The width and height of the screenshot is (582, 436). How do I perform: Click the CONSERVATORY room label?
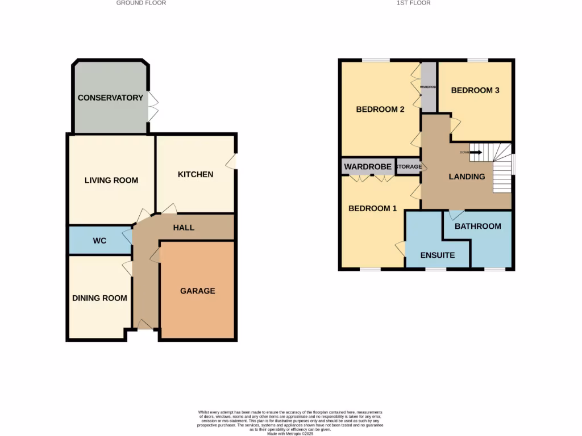coord(110,98)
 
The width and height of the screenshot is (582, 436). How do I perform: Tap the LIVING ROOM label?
coord(111,181)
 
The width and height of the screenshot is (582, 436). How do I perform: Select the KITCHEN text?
coord(196,174)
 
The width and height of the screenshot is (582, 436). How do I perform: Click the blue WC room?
coord(99,241)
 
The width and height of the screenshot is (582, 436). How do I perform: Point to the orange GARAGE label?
coord(198,291)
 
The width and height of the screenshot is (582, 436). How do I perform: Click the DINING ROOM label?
coord(99,298)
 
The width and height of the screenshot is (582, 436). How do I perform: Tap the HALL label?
coord(184,228)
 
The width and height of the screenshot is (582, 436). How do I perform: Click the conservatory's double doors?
coord(152,106)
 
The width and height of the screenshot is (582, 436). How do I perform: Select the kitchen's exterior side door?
coord(232,162)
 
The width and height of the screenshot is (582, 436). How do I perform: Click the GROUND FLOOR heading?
coord(141,3)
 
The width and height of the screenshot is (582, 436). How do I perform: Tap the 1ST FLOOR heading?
coord(413,3)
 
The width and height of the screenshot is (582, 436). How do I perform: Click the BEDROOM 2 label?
coord(380,109)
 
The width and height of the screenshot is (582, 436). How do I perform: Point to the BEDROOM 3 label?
coord(475,90)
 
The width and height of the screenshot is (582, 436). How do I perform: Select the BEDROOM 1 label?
coord(373,208)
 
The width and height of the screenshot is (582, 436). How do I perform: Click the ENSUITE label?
coord(438,255)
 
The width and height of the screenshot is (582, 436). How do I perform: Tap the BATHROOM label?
coord(478,226)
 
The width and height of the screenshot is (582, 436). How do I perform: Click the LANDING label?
coord(467,177)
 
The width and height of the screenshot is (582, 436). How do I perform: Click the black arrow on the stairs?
coord(476,152)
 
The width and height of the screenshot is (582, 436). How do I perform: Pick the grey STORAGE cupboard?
coord(409,166)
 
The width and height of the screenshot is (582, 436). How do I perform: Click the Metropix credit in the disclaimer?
coord(290,434)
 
